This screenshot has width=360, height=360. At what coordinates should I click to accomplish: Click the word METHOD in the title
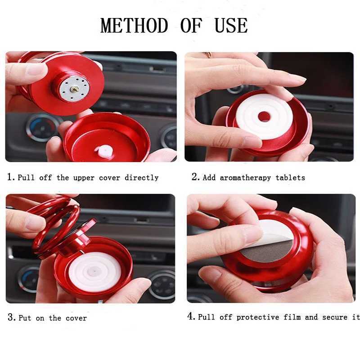(134, 25)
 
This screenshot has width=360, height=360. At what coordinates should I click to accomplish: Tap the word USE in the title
(231, 25)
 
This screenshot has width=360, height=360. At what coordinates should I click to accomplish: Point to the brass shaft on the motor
(74, 89)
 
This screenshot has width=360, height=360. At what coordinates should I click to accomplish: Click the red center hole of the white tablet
(264, 117)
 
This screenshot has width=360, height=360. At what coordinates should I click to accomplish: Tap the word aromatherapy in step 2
(245, 178)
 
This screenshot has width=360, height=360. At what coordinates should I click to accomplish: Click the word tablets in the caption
(290, 177)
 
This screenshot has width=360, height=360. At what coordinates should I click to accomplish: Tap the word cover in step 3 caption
(76, 318)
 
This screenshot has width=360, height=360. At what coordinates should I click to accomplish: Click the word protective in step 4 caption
(257, 317)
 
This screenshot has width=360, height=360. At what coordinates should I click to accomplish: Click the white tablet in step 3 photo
(94, 272)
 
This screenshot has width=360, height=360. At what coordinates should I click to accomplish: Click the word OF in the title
(191, 25)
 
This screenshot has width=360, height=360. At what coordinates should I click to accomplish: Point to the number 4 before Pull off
(191, 316)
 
